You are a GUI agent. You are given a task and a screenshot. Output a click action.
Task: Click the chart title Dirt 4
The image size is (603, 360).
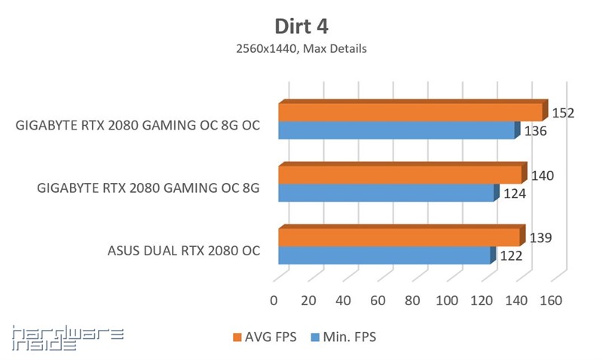301,26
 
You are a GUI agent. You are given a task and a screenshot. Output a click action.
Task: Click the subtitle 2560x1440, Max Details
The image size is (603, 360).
301,49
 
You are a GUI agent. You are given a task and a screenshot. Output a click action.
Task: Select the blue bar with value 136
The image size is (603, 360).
397,131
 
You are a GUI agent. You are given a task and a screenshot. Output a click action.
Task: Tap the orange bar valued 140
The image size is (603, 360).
400,175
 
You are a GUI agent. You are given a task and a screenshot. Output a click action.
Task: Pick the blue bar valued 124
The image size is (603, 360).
387,194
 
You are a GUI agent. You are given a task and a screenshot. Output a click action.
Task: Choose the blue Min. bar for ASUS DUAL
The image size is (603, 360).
384,256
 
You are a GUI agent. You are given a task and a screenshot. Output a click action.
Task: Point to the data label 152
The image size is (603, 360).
563,114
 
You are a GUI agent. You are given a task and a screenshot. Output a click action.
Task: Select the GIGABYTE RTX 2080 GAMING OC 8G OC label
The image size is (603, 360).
138,126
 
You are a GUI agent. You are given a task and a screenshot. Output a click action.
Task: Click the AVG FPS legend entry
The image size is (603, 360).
264,337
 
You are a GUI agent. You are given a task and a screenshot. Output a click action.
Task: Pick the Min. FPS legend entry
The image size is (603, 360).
342,337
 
